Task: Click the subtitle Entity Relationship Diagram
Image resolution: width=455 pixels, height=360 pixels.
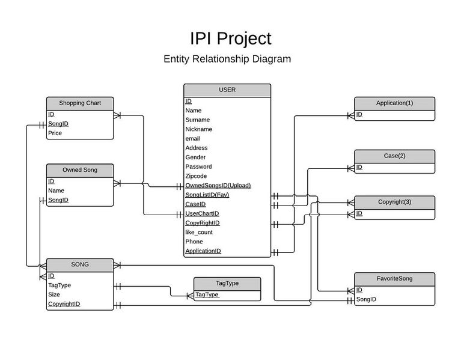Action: click(x=227, y=59)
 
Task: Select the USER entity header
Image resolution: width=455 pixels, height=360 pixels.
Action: click(x=227, y=90)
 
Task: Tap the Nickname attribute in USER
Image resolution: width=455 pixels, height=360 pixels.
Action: click(x=198, y=129)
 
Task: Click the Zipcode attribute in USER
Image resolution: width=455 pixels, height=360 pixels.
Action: click(x=196, y=176)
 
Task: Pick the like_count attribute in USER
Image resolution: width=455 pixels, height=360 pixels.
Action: click(x=198, y=232)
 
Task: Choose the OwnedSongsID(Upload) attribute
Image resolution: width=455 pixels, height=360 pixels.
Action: click(x=218, y=185)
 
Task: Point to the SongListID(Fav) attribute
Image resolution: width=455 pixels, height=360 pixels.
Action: click(x=207, y=195)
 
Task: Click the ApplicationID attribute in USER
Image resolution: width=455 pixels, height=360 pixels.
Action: click(x=203, y=251)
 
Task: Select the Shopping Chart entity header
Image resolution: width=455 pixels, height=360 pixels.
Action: click(x=80, y=103)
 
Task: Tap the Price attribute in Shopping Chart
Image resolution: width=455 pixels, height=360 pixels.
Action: click(x=55, y=133)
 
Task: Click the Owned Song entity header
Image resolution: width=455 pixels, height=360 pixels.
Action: click(x=80, y=170)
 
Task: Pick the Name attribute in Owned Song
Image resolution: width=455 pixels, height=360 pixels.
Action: click(x=56, y=191)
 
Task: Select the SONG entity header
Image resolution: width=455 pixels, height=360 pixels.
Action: click(x=80, y=264)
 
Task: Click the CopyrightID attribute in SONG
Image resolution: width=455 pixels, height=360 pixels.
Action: click(x=64, y=304)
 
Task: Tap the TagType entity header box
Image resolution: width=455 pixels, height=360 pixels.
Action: click(x=227, y=284)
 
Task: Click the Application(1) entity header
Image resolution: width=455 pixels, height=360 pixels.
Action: click(x=394, y=103)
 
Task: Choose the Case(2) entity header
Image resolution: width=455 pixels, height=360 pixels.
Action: click(x=394, y=156)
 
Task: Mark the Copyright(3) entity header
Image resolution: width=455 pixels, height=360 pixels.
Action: click(x=394, y=201)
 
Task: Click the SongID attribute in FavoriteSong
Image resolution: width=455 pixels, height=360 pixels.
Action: click(x=366, y=299)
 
